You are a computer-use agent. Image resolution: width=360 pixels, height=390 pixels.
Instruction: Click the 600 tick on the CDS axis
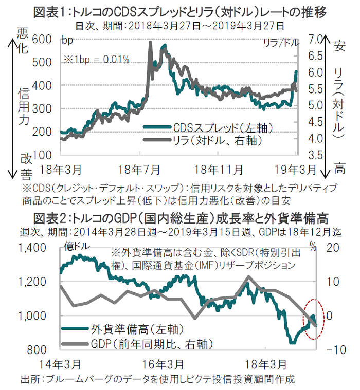41,39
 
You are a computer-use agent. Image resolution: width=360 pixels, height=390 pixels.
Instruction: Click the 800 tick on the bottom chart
39,350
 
